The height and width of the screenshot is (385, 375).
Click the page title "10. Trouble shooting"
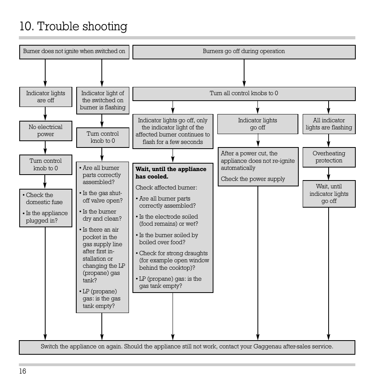[x=74, y=27]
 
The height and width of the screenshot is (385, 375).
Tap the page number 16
[x=22, y=372]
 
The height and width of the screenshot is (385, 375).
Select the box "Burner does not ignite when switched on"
[x=74, y=52]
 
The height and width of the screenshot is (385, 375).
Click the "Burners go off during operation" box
[x=244, y=52]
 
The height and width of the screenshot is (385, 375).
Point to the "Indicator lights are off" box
[x=46, y=97]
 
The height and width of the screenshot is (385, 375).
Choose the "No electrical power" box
[x=46, y=131]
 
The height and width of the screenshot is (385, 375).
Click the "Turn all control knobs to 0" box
[x=244, y=94]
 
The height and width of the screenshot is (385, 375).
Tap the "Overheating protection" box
[x=329, y=157]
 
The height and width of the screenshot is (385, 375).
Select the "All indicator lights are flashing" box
[x=329, y=124]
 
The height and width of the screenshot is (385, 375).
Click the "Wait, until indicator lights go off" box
[x=329, y=193]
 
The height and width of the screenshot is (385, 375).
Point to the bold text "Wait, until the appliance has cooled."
[x=171, y=173]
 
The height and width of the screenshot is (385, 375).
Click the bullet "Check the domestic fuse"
[x=44, y=199]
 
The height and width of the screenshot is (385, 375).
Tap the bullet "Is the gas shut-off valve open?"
[x=102, y=197]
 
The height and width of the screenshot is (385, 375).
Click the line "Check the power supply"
[x=253, y=179]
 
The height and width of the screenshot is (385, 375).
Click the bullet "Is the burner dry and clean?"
[x=102, y=215]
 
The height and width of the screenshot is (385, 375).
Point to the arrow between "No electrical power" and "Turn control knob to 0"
[x=45, y=148]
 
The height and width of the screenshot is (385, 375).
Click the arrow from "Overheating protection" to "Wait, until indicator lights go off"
[x=329, y=173]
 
